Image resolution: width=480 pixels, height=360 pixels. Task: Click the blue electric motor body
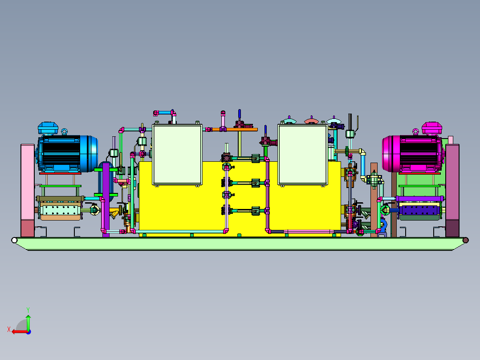tap(67, 154)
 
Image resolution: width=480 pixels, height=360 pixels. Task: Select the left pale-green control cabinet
tap(177, 155)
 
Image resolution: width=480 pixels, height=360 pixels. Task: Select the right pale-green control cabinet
tap(303, 155)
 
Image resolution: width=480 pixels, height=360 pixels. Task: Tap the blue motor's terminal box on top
tap(48, 128)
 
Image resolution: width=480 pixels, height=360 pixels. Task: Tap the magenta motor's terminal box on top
tap(431, 128)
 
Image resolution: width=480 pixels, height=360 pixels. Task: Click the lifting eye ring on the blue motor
tap(64, 132)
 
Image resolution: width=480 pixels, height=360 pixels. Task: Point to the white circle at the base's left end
tap(14, 240)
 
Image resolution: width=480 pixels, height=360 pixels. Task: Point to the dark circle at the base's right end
tap(466, 240)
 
